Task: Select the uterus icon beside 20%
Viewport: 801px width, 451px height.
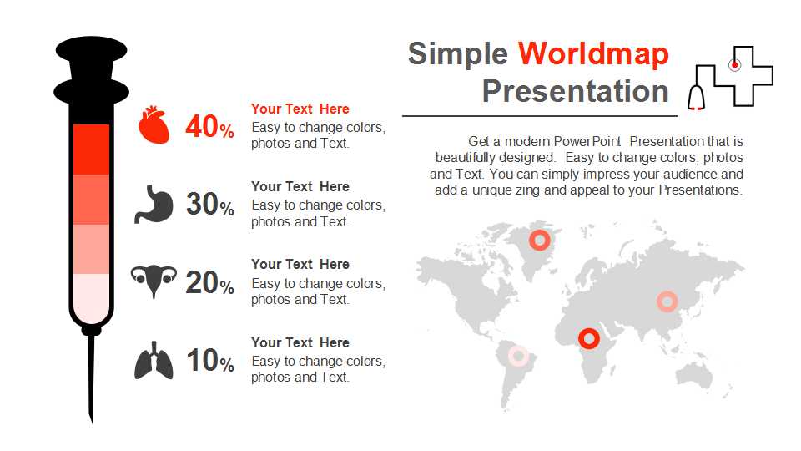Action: tap(154, 281)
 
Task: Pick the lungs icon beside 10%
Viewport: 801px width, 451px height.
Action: tap(154, 361)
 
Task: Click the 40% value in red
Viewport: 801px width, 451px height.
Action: tap(209, 126)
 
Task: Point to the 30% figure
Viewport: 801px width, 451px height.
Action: tap(209, 204)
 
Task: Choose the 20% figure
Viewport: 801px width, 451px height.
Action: tap(209, 282)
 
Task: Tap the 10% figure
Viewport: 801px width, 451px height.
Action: tap(210, 360)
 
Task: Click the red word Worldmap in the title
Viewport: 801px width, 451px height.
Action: tap(593, 53)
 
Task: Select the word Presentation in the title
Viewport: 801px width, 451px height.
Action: tap(575, 91)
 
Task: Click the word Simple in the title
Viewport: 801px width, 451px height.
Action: tap(458, 53)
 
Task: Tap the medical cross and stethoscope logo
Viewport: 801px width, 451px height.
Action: tap(731, 78)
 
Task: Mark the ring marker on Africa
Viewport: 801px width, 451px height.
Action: tap(589, 338)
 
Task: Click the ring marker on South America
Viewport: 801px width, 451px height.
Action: tap(518, 356)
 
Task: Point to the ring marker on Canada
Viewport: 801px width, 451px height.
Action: tap(540, 240)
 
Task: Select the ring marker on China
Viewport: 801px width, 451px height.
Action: tap(667, 302)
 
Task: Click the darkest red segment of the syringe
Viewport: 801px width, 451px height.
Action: tap(92, 149)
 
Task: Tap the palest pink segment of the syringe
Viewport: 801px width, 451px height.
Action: tap(92, 299)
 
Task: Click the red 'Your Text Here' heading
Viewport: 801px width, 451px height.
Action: tap(300, 109)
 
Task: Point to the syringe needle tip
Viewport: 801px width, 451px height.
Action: tap(93, 424)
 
